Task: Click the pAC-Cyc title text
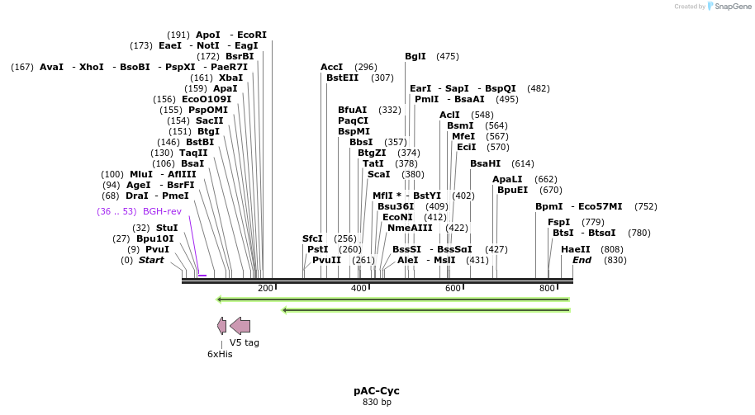coord(377,390)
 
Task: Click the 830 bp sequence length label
coord(377,403)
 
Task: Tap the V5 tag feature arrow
coord(240,326)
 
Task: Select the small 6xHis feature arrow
coord(221,326)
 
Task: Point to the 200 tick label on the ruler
coord(265,288)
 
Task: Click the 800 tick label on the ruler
coord(547,288)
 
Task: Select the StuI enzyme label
coord(167,228)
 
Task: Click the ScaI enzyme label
coord(378,174)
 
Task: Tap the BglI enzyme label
coord(415,56)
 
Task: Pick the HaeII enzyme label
coord(576,249)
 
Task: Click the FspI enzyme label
coord(558,222)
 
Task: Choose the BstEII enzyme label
coord(343,78)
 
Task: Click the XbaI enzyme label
coord(231,78)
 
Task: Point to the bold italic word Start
coord(151,260)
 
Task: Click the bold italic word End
coord(582,260)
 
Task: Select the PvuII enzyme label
coord(327,260)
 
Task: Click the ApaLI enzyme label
coord(507,179)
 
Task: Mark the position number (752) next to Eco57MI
coord(646,206)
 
